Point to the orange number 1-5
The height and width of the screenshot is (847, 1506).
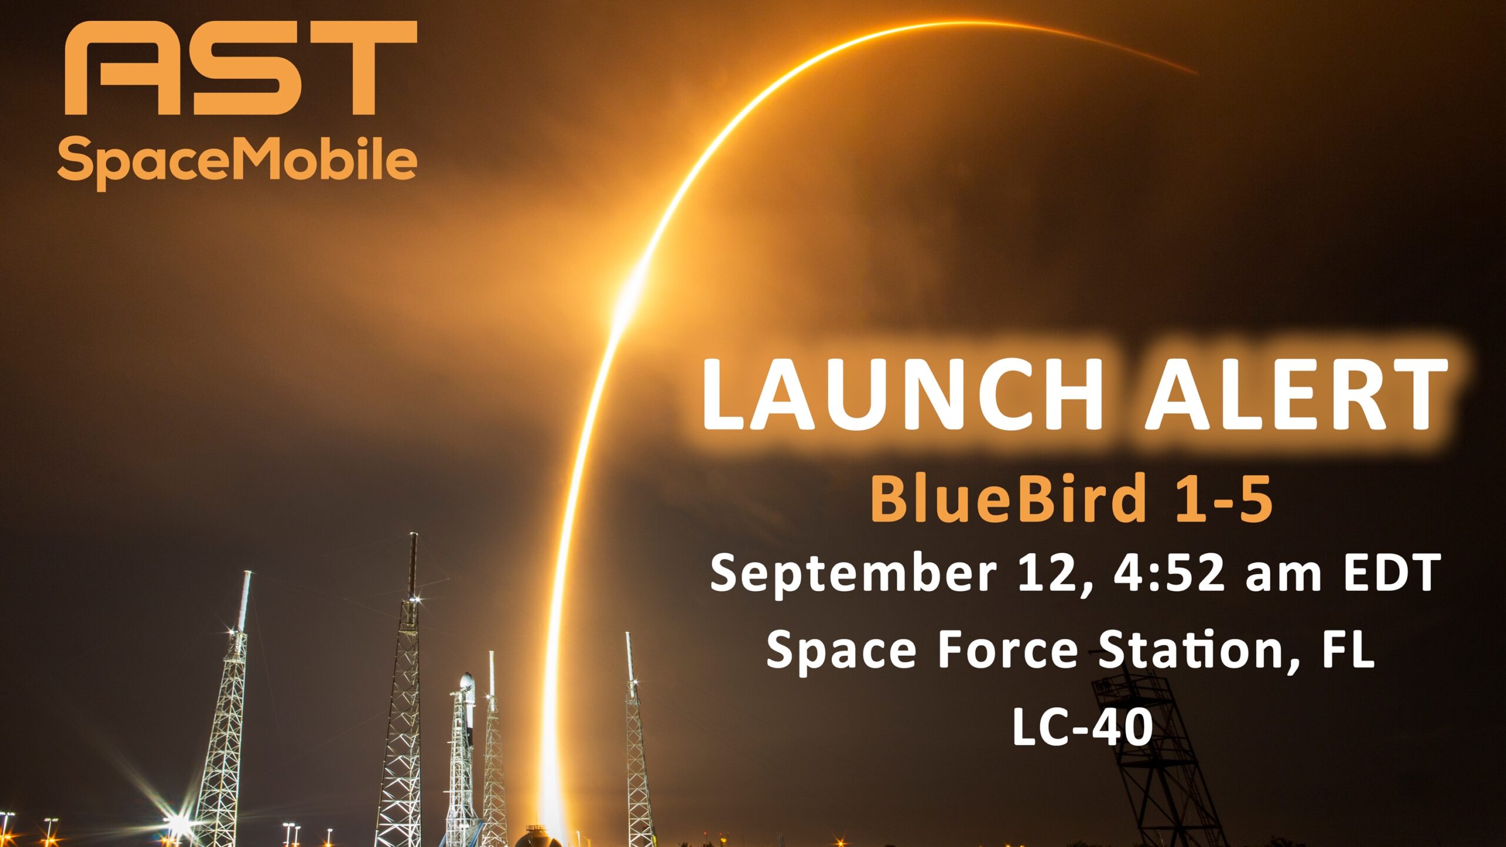[1224, 499]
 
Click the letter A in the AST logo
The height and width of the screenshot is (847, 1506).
[121, 68]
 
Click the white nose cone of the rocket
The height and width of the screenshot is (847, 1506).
[466, 682]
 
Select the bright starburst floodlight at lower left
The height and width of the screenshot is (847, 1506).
[176, 823]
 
